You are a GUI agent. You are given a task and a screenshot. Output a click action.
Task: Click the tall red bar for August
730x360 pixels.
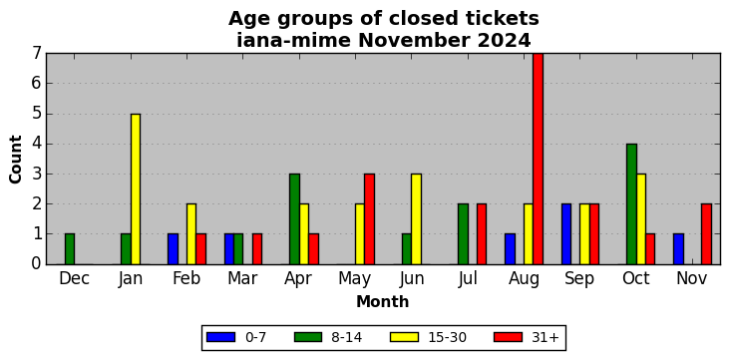tap(538, 159)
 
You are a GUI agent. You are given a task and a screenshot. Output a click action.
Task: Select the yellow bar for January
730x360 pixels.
tap(136, 188)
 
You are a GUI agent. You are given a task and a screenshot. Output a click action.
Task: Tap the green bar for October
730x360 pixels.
tap(631, 204)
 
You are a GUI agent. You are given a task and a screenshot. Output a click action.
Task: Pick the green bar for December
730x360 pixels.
tap(70, 248)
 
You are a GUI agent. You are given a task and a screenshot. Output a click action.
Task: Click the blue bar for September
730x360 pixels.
tap(566, 233)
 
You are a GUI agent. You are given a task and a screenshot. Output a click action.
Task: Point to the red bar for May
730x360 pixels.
tap(369, 218)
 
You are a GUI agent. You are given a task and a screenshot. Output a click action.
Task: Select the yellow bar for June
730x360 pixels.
tap(416, 218)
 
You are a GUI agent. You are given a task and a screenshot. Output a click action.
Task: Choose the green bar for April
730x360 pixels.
tap(294, 218)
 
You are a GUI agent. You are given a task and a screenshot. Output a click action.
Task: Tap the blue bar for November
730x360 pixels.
tap(678, 248)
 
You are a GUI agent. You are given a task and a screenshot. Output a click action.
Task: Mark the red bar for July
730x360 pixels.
tap(482, 233)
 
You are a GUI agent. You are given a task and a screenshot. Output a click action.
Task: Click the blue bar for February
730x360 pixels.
tap(173, 248)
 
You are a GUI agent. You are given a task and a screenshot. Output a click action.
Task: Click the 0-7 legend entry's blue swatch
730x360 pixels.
tap(220, 337)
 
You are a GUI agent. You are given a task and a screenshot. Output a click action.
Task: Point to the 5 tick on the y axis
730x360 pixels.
tap(37, 114)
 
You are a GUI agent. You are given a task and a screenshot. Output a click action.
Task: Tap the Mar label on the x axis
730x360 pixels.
tap(242, 278)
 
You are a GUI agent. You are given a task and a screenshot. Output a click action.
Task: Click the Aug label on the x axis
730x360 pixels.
tap(524, 279)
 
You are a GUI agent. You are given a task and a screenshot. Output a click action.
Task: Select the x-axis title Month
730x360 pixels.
tap(383, 302)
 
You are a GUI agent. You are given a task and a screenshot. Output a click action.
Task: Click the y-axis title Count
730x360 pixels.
tap(16, 159)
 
